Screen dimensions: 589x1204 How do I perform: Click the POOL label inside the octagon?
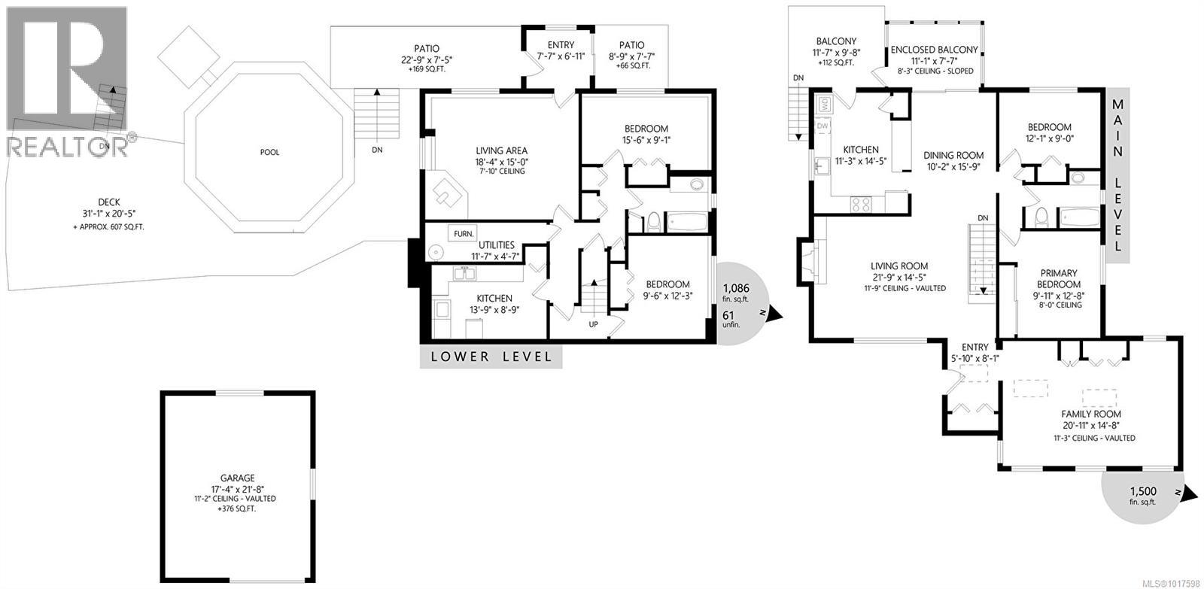click(x=269, y=153)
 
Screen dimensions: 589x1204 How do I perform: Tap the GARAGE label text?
click(x=238, y=478)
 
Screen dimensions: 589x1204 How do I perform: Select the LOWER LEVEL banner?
click(x=491, y=357)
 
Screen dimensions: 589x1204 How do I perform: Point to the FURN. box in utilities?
click(x=463, y=233)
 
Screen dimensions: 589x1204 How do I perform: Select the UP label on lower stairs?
click(x=593, y=324)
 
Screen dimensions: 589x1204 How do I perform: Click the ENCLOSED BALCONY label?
click(x=934, y=50)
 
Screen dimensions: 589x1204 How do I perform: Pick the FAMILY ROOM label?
click(x=1091, y=414)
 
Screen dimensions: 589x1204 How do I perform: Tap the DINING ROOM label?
click(x=953, y=156)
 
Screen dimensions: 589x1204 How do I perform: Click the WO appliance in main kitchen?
click(x=823, y=103)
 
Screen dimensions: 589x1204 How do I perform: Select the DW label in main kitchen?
click(x=822, y=126)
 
